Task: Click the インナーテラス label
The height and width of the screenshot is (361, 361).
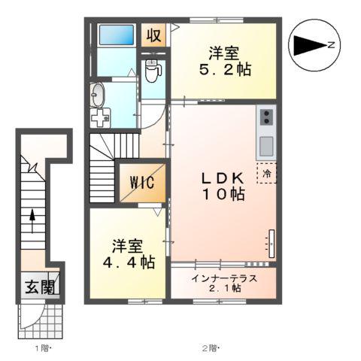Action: pyautogui.click(x=223, y=278)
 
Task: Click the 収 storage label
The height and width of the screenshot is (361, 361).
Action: pyautogui.click(x=154, y=35)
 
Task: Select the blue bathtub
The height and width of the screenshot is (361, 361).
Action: pyautogui.click(x=117, y=35)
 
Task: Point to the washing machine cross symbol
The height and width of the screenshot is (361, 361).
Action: pyautogui.click(x=100, y=119)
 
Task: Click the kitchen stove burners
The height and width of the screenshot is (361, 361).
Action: pyautogui.click(x=267, y=117)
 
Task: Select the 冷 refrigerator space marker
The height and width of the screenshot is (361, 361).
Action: pyautogui.click(x=268, y=173)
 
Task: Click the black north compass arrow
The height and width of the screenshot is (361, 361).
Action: pyautogui.click(x=308, y=45)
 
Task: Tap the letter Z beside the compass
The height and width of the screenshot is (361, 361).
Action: pyautogui.click(x=330, y=45)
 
